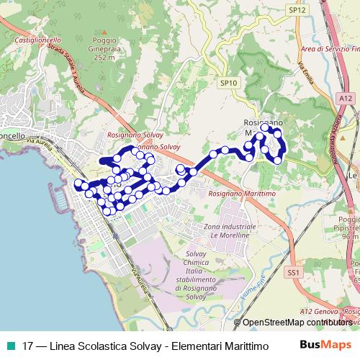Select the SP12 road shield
coord(297,10)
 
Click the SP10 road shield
coord(228,83)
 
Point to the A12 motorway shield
coord(346,98)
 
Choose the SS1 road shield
coord(293,273)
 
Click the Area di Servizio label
coord(330,49)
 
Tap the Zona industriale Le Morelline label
coord(230,231)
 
